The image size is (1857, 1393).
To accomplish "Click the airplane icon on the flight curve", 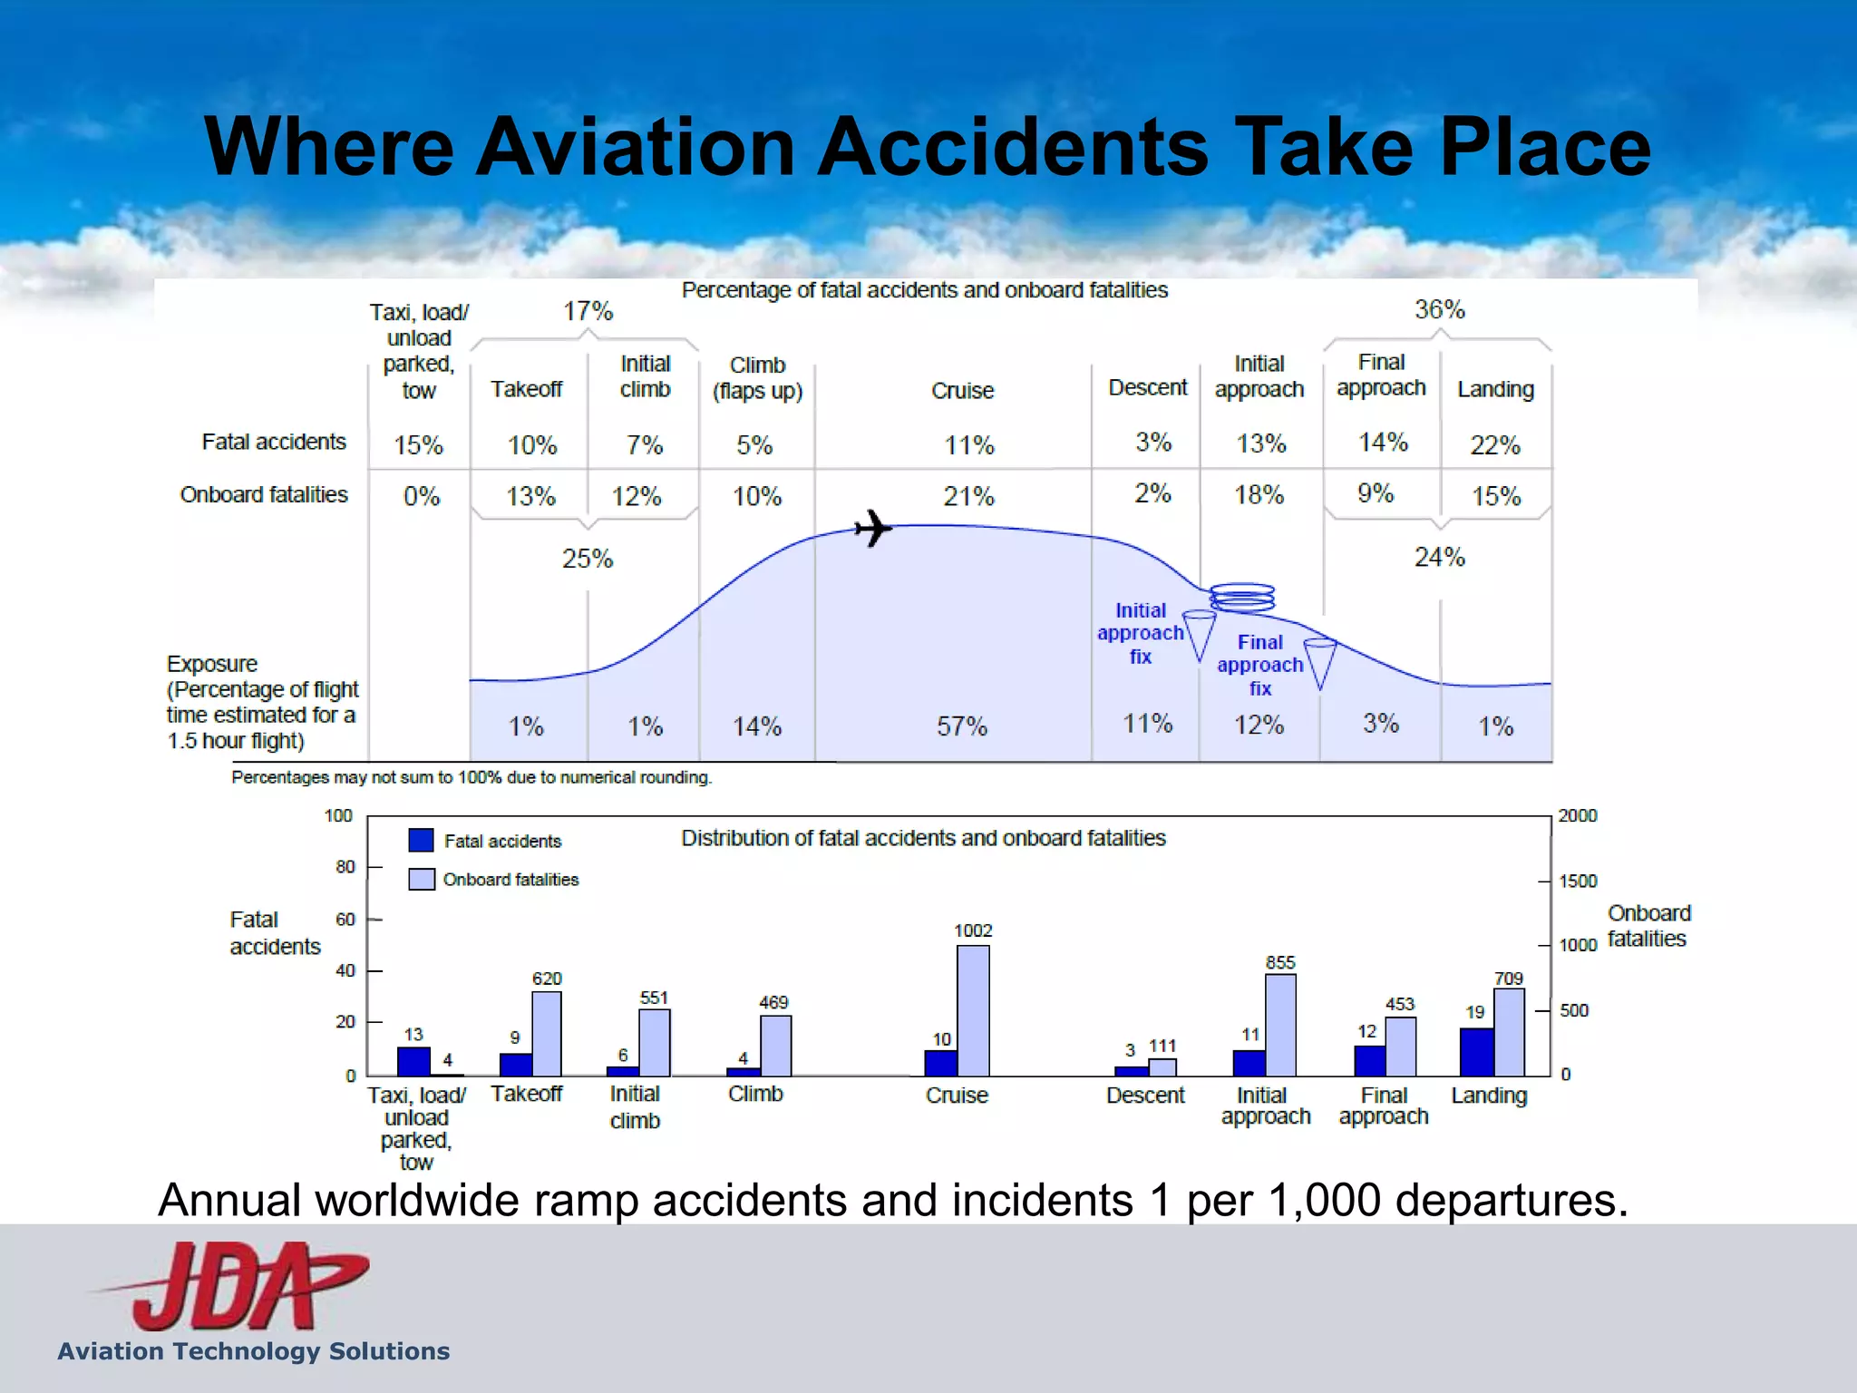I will click(873, 528).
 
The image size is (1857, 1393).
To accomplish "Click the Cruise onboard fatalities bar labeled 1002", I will click(973, 1010).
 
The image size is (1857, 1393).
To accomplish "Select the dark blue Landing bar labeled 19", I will click(1476, 1052).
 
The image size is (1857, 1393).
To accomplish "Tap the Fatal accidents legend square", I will click(421, 840).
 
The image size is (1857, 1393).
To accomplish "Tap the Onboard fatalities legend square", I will click(421, 879).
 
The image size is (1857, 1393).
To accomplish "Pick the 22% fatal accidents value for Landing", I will click(1494, 445).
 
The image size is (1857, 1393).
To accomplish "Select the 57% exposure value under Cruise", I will click(961, 726).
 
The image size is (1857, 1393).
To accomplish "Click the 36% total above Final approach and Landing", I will click(1439, 310).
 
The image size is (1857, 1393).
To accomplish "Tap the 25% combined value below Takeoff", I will click(587, 558).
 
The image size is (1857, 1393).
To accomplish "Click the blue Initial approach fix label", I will click(1140, 633).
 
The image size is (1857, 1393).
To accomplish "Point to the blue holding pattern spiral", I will click(1242, 597).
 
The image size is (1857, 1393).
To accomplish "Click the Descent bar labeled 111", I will click(1162, 1067).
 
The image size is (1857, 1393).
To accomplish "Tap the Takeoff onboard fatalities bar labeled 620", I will click(546, 1034).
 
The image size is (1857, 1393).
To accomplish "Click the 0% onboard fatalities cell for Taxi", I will click(421, 496).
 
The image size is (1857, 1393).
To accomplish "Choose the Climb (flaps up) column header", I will click(757, 378).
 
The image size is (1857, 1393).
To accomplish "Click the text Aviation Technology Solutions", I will click(254, 1351).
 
